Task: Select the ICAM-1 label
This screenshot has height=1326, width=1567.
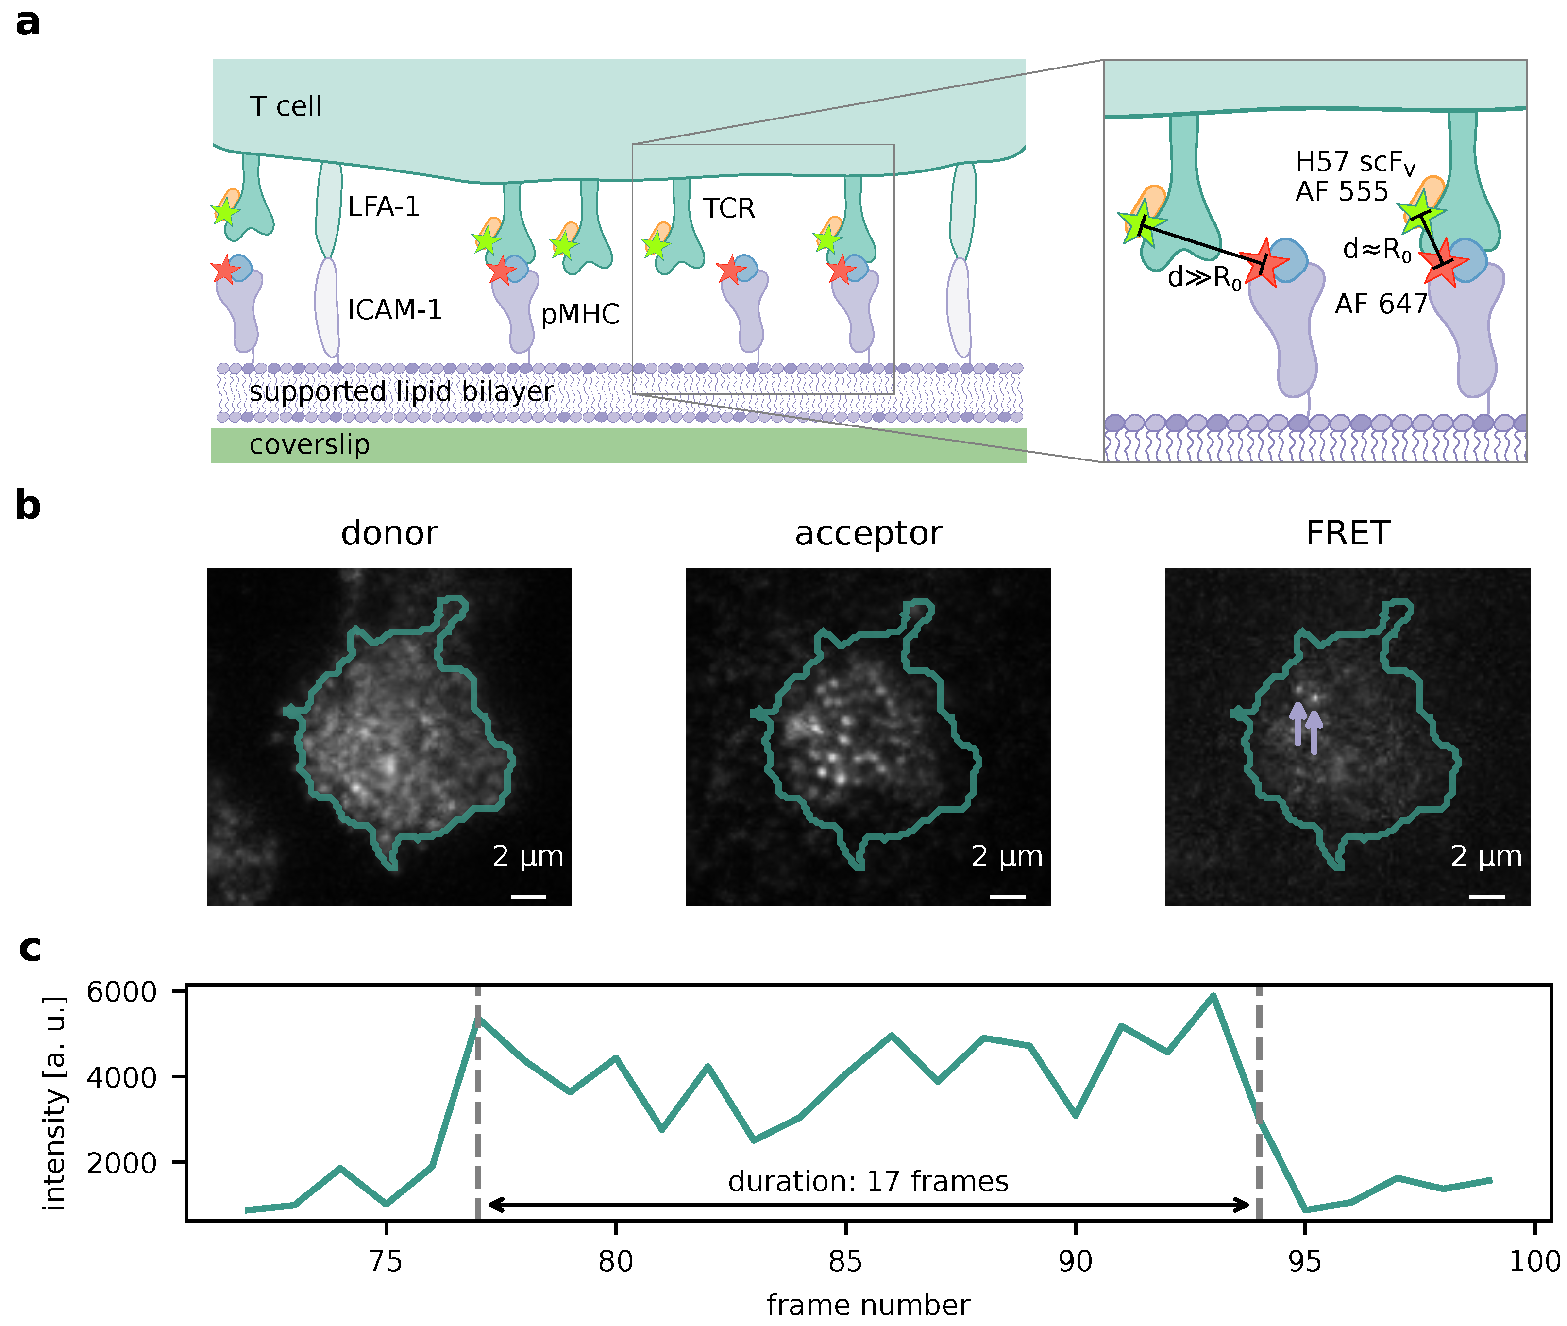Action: tap(395, 310)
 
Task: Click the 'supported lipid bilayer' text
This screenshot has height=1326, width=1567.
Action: tap(401, 391)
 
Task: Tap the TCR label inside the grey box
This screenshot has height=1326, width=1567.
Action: tap(728, 208)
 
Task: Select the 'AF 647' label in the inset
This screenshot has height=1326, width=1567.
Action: tap(1381, 305)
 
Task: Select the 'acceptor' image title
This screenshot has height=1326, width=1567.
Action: tap(868, 534)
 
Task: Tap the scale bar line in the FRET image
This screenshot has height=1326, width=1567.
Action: tap(1486, 896)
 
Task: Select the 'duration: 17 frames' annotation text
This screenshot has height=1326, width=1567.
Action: tap(868, 1182)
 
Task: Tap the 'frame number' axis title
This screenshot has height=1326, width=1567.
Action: tap(868, 1306)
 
